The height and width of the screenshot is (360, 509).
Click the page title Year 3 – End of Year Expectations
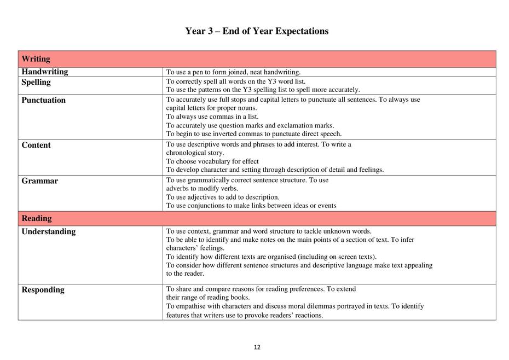(257, 31)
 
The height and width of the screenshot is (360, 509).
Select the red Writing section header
(36, 59)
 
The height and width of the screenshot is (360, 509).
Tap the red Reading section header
(37, 218)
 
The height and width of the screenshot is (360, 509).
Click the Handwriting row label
(45, 72)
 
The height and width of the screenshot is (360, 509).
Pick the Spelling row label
(36, 82)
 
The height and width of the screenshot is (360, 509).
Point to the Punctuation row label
(44, 100)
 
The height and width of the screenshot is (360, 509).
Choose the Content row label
(36, 145)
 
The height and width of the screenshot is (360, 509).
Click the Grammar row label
(40, 181)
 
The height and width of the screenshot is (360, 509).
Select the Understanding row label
(49, 231)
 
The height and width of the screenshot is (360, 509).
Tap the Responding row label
(43, 290)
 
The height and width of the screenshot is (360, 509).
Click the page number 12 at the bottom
(257, 347)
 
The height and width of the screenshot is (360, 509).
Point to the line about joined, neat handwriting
(234, 72)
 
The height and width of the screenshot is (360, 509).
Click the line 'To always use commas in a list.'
(212, 117)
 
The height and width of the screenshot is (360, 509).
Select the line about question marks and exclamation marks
(250, 125)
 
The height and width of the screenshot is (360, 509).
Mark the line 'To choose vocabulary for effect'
(212, 161)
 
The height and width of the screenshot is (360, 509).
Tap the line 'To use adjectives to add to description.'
(223, 197)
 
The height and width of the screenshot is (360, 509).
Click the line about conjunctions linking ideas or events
(251, 206)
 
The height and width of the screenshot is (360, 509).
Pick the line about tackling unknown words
(269, 231)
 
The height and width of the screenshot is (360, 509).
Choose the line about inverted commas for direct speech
(254, 133)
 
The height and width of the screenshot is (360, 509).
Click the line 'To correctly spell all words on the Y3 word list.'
(236, 82)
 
